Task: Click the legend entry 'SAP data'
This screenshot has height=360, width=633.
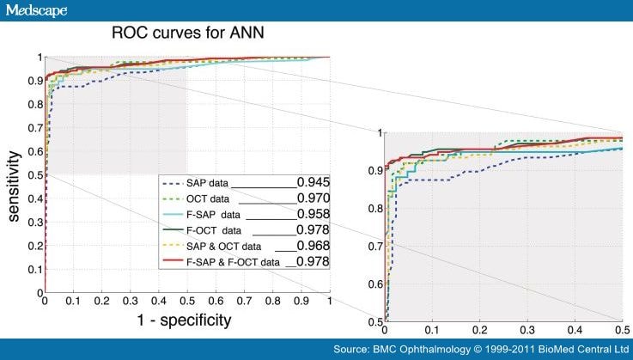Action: click(209, 183)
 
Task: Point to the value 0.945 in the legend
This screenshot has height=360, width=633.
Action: click(313, 182)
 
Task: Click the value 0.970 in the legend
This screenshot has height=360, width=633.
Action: click(313, 198)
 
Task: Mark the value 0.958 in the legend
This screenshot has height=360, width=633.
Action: click(313, 214)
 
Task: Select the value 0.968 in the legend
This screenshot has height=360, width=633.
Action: click(313, 246)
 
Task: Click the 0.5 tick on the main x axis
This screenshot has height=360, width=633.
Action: click(186, 302)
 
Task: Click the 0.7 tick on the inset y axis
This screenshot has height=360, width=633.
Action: click(371, 247)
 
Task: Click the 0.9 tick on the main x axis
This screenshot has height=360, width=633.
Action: click(301, 302)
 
